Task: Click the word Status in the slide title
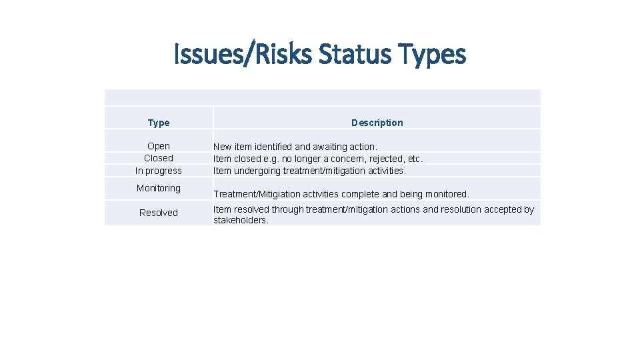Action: [353, 54]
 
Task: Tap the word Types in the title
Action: [432, 54]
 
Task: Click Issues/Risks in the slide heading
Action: [243, 54]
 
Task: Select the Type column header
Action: [159, 123]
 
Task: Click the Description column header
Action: [377, 123]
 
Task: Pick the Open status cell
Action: [159, 146]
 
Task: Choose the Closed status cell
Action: [159, 158]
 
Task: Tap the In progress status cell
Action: [159, 171]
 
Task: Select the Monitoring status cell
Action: [159, 188]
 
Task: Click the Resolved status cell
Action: [159, 213]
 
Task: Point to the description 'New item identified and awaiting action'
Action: [295, 146]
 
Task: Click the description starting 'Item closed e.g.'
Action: [317, 159]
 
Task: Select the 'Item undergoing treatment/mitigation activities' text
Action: [309, 171]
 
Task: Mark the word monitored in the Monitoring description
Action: [446, 195]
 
